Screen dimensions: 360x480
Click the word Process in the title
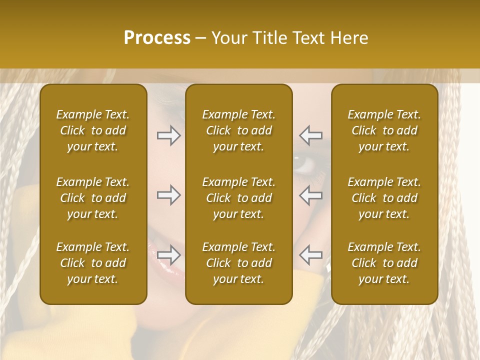157,38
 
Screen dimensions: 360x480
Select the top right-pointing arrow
168,135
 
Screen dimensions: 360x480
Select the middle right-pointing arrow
168,195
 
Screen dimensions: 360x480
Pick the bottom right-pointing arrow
168,255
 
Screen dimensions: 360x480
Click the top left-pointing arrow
311,135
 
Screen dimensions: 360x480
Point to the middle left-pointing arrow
311,195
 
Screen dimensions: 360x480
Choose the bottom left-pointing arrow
311,255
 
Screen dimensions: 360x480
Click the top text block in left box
93,130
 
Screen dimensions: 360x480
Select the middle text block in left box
93,198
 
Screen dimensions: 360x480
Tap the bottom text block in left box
93,263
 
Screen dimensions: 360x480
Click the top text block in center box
238,130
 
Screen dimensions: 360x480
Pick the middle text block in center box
238,198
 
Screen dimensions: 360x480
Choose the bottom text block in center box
238,263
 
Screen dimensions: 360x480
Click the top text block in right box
384,130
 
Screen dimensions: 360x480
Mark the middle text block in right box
384,198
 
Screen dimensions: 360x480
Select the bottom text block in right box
384,263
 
